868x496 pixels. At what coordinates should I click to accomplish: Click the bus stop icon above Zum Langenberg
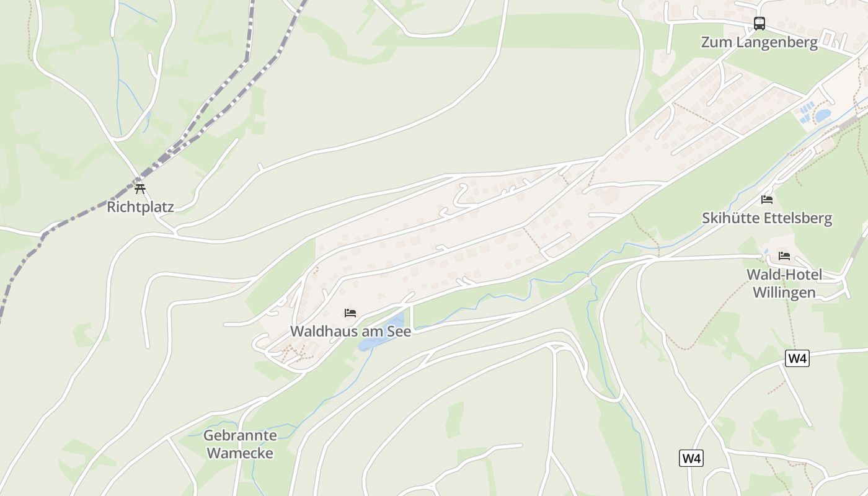point(759,24)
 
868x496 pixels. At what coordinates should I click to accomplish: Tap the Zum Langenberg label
point(759,42)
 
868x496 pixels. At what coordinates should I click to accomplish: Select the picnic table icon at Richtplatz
point(140,188)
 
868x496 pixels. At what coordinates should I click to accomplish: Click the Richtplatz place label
point(140,206)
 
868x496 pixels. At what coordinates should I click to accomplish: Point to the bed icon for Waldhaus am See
point(350,313)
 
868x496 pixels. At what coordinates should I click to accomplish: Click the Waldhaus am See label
point(350,331)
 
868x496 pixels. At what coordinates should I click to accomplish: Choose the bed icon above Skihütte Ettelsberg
point(767,200)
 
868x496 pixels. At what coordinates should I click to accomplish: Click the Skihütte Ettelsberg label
point(767,218)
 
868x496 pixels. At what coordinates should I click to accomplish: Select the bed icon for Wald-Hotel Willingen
point(784,255)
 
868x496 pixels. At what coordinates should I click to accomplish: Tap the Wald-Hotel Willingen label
point(784,283)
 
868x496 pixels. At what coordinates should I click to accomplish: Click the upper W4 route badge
point(797,358)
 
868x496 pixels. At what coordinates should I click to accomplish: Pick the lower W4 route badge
point(692,458)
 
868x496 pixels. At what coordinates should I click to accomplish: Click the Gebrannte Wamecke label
point(240,444)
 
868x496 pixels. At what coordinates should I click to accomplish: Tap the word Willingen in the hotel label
point(784,293)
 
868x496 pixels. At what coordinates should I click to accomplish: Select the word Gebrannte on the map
point(240,435)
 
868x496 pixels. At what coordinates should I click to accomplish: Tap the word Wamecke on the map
point(240,453)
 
